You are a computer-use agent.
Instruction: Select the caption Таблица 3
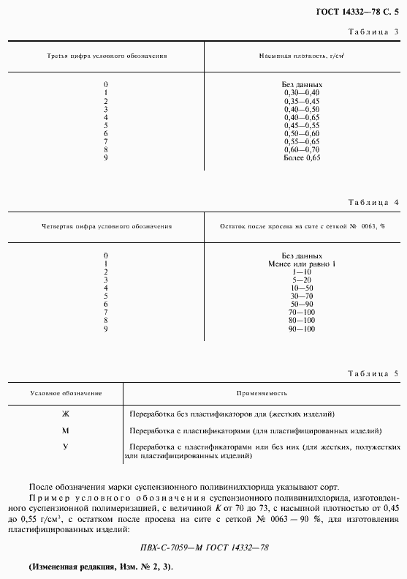click(373, 32)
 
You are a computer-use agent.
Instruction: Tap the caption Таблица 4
click(373, 202)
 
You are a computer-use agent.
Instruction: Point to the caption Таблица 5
click(373, 373)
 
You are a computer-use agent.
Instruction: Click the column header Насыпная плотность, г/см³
click(302, 56)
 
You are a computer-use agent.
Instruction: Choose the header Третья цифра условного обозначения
click(107, 56)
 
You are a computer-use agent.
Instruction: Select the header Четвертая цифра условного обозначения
click(107, 226)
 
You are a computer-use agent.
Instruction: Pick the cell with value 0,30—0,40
click(302, 92)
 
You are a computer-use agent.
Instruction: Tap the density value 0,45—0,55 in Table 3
click(302, 125)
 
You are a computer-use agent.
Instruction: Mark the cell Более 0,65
click(302, 158)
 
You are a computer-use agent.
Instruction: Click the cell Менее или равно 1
click(302, 264)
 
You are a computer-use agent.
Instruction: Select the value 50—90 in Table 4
click(302, 304)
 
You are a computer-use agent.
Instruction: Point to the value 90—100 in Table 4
click(302, 329)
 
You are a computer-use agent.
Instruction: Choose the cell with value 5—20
click(302, 280)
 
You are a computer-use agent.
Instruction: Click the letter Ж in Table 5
click(65, 414)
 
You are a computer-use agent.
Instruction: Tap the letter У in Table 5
click(65, 447)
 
